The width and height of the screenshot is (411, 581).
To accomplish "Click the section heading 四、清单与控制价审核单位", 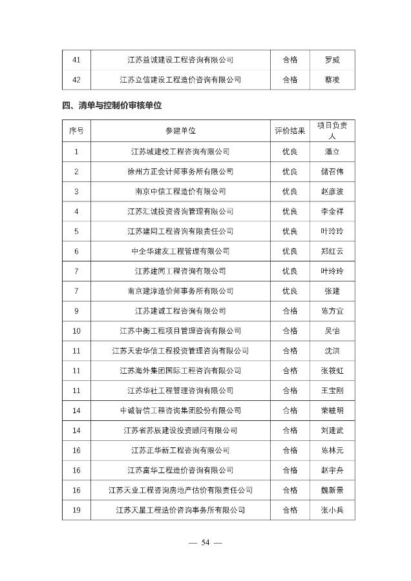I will (112, 106).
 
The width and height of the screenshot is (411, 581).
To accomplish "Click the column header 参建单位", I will (180, 131).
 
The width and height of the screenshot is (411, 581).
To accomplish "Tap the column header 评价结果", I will (290, 131).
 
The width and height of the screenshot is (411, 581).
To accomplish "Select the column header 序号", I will (76, 131).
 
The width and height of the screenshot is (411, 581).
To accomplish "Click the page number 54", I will (205, 542).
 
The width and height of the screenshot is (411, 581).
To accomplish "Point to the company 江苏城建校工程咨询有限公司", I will (180, 152).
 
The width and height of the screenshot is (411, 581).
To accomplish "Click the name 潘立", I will (332, 152).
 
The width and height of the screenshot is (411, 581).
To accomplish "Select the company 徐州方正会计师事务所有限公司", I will (180, 172).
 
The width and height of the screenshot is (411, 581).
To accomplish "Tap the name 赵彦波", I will (332, 192).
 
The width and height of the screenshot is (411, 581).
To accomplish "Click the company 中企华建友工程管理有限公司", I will (180, 251).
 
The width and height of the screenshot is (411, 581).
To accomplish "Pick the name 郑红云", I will (332, 251).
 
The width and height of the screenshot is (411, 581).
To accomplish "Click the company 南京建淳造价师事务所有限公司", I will (180, 291).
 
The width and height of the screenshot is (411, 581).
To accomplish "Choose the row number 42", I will (76, 79).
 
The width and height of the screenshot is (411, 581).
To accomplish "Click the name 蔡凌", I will (332, 79).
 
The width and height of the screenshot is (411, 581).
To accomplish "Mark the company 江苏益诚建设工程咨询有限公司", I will (180, 60).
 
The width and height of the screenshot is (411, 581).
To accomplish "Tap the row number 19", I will (76, 510).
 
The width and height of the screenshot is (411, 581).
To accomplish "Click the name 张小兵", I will (332, 510).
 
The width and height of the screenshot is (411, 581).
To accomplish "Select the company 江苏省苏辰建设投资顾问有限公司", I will (180, 431).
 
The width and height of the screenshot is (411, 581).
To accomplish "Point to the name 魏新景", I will (332, 490).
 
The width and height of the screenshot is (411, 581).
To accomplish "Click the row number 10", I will (76, 331).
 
